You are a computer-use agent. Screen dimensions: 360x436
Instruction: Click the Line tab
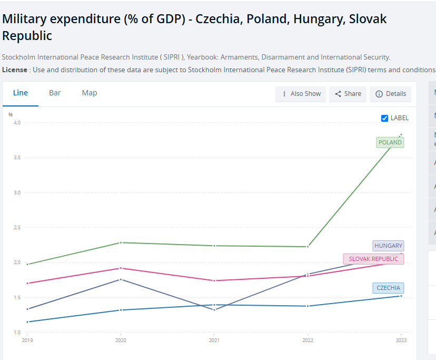tap(21, 93)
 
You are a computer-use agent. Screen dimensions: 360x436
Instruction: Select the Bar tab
tap(55, 93)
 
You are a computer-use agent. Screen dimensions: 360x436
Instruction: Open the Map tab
tap(90, 93)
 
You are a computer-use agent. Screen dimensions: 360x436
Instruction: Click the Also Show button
tap(301, 94)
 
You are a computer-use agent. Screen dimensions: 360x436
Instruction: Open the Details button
tap(391, 94)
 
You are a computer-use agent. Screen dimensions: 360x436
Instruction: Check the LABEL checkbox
tap(384, 118)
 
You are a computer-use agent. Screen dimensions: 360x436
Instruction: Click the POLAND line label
tap(390, 142)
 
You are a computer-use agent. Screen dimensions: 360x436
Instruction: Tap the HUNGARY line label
tap(388, 246)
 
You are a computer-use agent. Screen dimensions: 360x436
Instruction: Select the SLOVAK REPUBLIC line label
tap(373, 259)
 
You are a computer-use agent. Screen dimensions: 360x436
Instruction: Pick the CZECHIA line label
tap(388, 288)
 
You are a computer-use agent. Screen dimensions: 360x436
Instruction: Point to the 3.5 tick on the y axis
tap(17, 158)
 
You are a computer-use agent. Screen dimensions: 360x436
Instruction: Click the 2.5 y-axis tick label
tap(17, 228)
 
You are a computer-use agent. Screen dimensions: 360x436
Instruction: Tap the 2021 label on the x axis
tap(214, 340)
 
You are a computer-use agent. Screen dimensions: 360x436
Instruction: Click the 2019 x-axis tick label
tap(27, 340)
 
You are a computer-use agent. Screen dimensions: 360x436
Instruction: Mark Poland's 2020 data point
tap(121, 242)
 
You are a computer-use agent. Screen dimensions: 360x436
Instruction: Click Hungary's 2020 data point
tap(121, 279)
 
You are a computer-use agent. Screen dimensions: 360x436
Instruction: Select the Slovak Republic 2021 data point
tap(214, 280)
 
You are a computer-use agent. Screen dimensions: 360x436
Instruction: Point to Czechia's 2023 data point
tap(401, 296)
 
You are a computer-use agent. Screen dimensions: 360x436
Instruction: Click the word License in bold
tap(15, 70)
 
